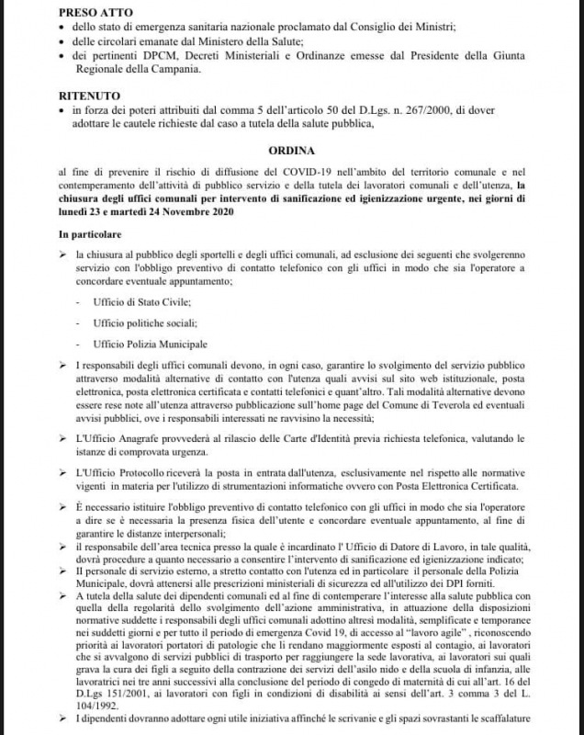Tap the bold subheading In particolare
point(95,236)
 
